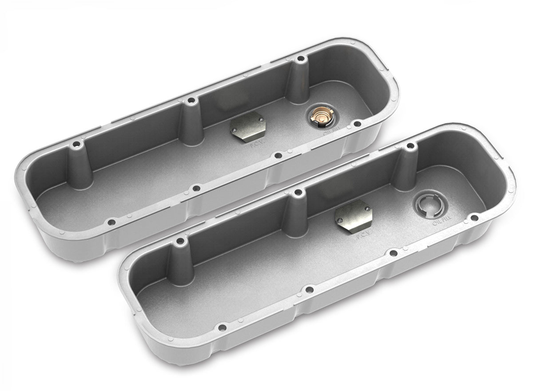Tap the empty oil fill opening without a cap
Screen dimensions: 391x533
[427, 205]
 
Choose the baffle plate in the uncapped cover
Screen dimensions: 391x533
[353, 216]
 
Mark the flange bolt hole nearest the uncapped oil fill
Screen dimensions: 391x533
[474, 218]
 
